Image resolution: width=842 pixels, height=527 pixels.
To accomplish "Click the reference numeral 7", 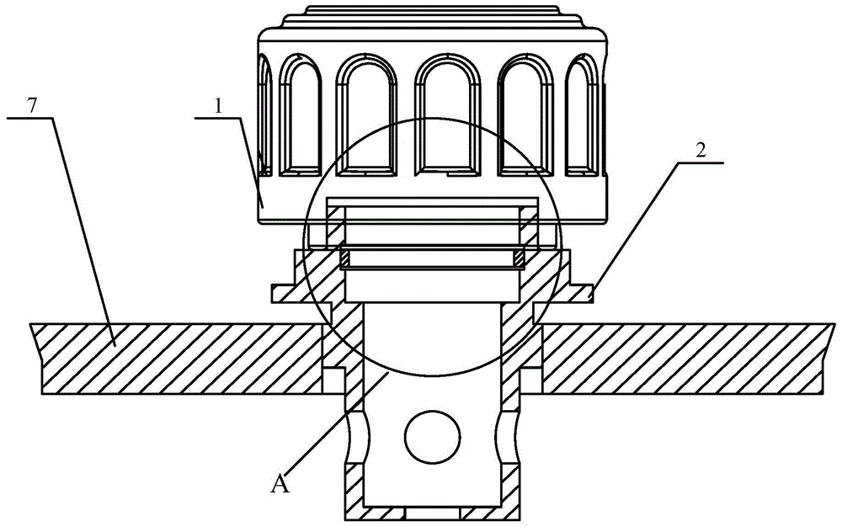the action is [x=32, y=106].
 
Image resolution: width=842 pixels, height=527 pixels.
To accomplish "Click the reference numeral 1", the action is [x=217, y=106].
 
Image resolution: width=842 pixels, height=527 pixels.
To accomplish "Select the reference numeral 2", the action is [x=701, y=150].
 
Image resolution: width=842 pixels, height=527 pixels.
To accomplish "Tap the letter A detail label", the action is [x=280, y=485].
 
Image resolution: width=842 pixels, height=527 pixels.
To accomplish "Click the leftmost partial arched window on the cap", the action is [x=264, y=115].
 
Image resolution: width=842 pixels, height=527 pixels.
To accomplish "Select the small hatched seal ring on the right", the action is [x=518, y=258].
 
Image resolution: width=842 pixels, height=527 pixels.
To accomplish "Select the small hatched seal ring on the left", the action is [x=346, y=258].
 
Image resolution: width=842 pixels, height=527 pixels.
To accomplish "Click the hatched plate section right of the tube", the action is [x=687, y=359].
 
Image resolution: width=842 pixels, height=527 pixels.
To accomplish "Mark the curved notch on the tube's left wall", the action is [x=356, y=438].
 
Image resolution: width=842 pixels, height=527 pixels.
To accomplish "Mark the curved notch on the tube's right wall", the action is [x=509, y=438].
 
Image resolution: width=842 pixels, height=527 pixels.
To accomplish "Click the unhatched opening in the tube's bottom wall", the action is [x=432, y=514].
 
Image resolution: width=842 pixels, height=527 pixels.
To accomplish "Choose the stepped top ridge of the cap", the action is [x=432, y=17].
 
